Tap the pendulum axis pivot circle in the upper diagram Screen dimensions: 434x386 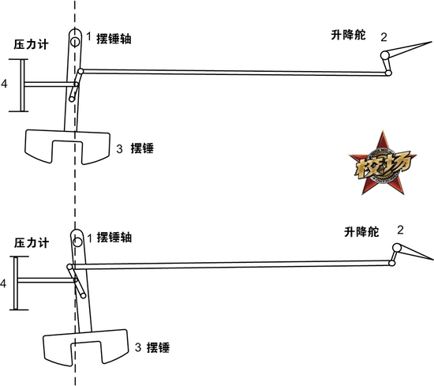click(x=75, y=42)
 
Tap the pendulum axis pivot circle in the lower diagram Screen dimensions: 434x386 click(x=77, y=242)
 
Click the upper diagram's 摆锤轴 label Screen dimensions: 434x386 click(x=114, y=39)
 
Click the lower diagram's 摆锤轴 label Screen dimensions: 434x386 click(x=114, y=238)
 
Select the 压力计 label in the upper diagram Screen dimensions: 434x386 click(x=32, y=44)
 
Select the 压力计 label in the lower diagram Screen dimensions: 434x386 click(x=32, y=243)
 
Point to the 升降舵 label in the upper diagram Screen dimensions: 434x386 click(x=348, y=35)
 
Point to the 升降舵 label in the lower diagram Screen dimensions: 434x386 click(x=361, y=231)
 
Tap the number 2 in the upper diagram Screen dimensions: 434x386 click(x=383, y=37)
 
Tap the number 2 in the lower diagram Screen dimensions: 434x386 click(x=400, y=230)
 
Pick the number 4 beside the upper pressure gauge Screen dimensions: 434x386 click(x=4, y=84)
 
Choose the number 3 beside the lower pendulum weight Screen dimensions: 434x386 click(x=138, y=347)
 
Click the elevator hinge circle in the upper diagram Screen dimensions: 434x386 click(x=384, y=55)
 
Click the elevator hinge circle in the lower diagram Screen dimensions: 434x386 click(x=397, y=247)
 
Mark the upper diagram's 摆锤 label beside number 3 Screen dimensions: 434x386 click(x=142, y=148)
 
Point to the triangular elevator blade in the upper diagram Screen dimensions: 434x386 click(x=407, y=49)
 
